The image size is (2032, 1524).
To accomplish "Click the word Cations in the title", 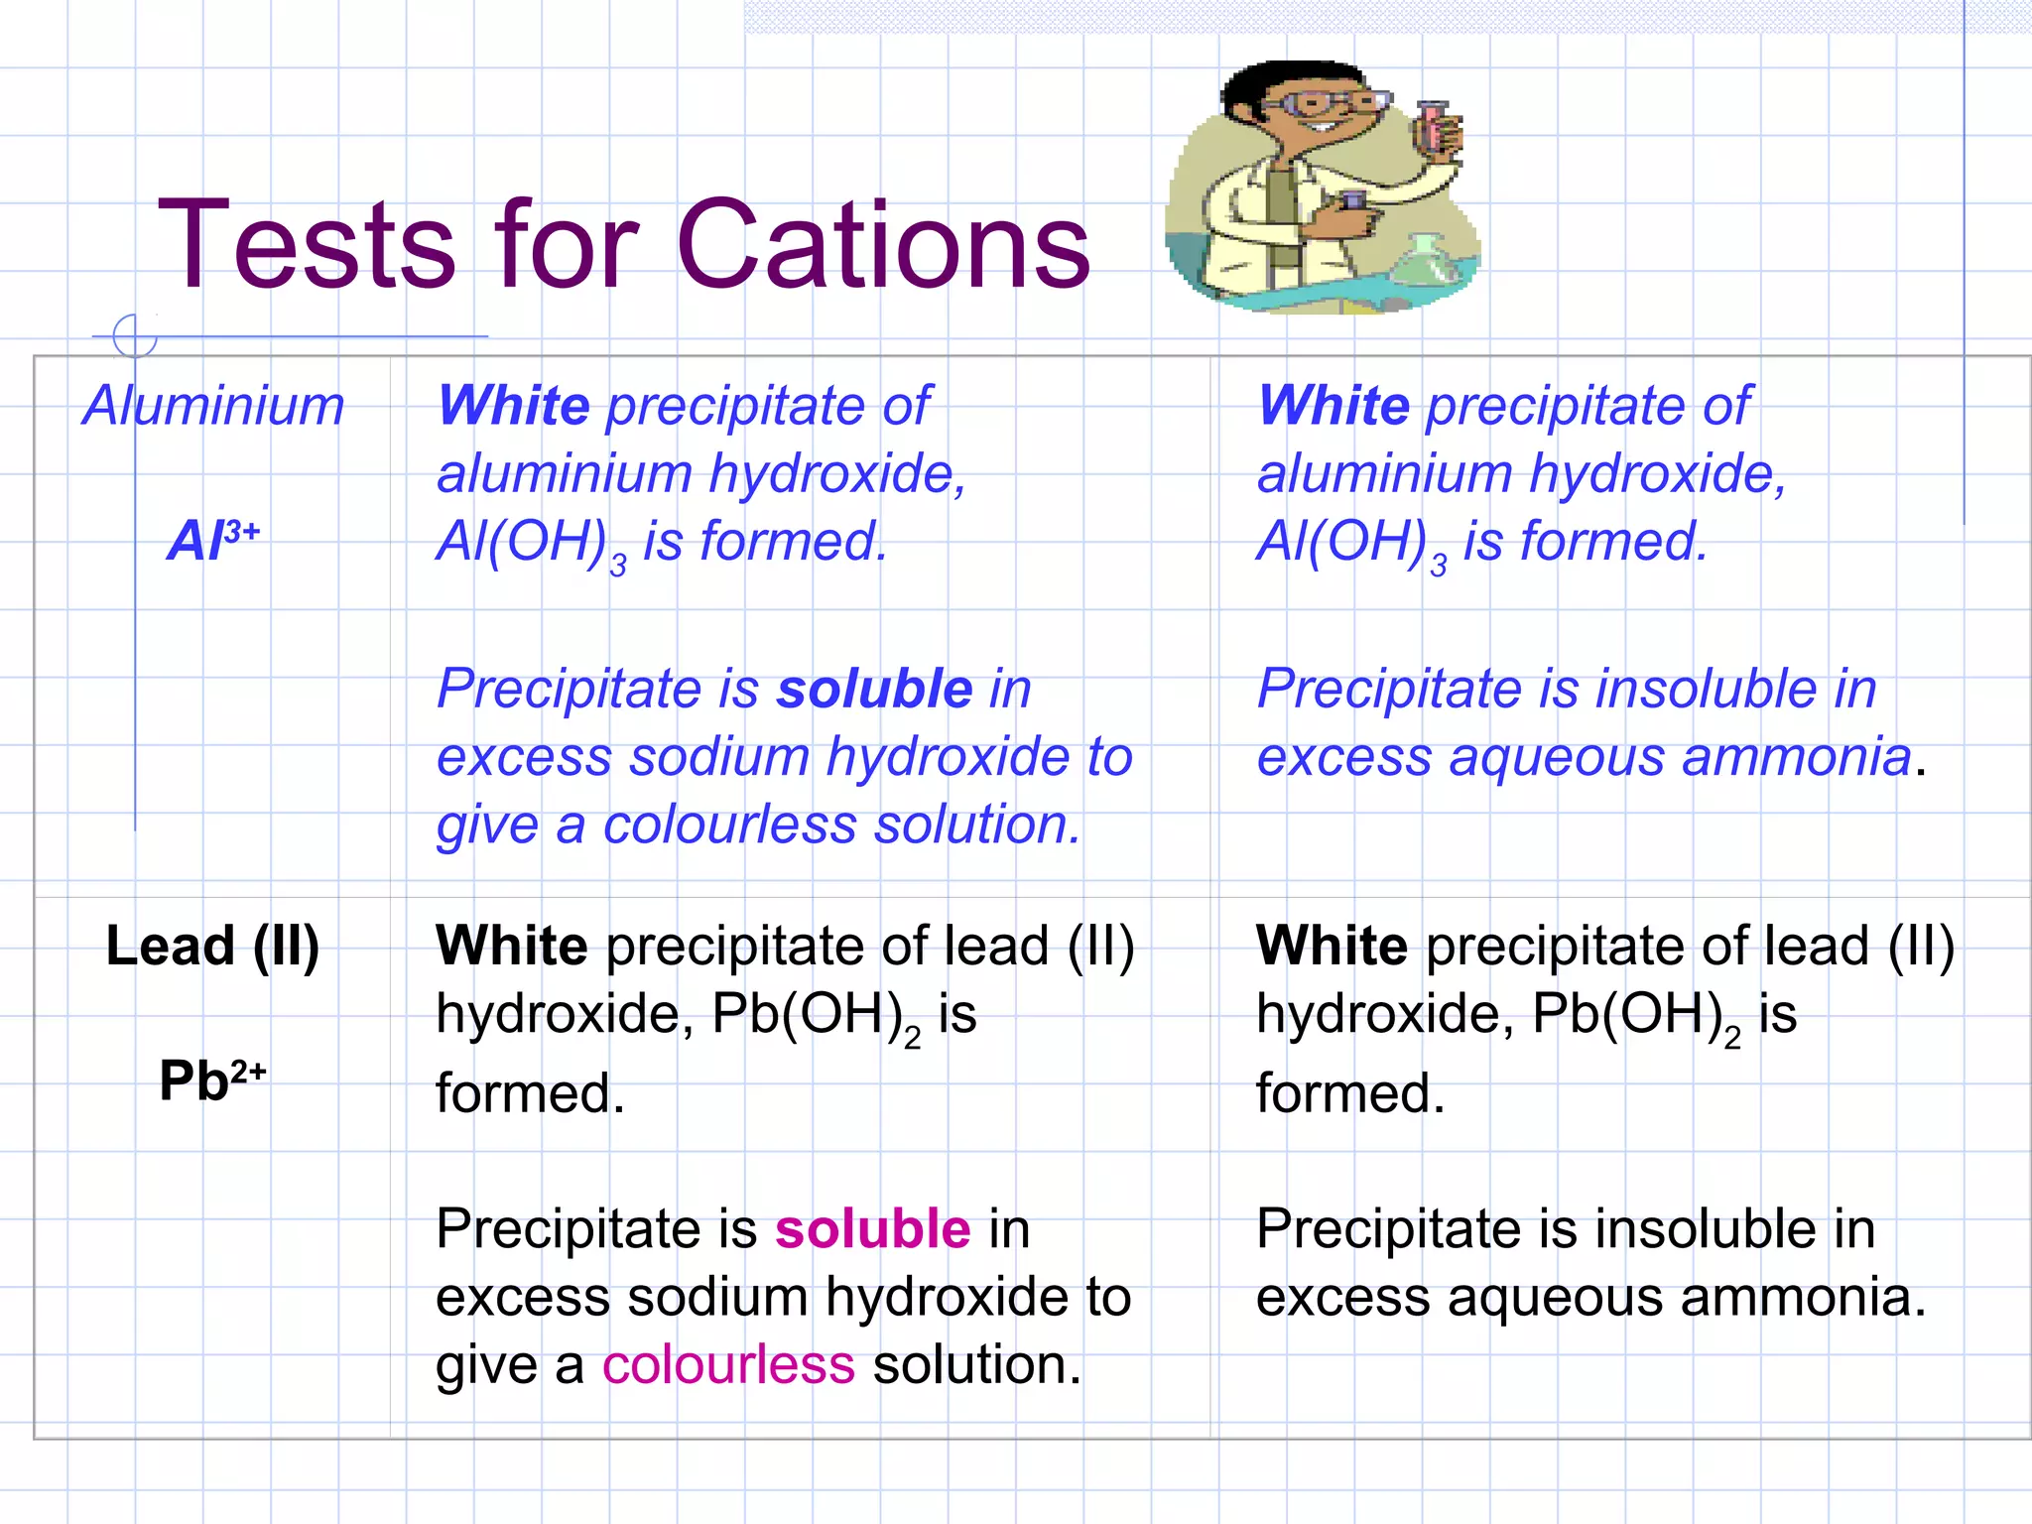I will pyautogui.click(x=883, y=244).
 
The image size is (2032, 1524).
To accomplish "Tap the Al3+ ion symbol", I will pyautogui.click(x=213, y=541).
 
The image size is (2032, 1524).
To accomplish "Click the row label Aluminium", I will pyautogui.click(x=213, y=406).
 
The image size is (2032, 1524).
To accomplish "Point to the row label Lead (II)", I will pyautogui.click(x=212, y=946).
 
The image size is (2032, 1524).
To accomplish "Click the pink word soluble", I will pyautogui.click(x=872, y=1229).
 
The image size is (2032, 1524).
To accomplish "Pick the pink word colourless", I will pyautogui.click(x=728, y=1364).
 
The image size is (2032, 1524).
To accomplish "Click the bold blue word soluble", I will pyautogui.click(x=874, y=689).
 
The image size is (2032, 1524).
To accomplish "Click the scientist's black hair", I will pyautogui.click(x=1280, y=79).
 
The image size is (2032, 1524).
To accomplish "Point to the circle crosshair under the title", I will pyautogui.click(x=135, y=336).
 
